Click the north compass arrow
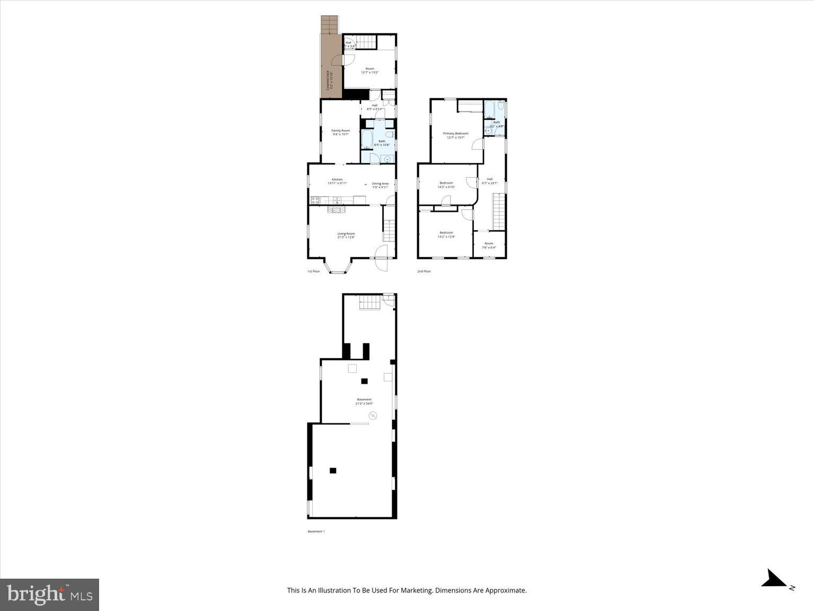[775, 579]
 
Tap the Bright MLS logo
[50, 595]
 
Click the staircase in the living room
[390, 230]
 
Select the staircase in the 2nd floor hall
[499, 211]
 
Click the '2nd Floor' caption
[423, 271]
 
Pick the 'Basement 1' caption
[316, 531]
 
